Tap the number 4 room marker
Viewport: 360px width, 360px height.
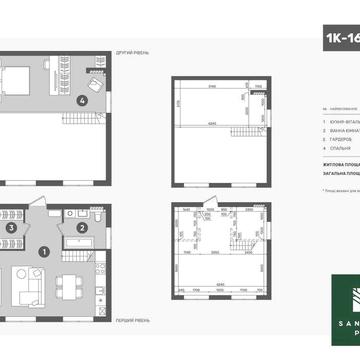click(84, 99)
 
